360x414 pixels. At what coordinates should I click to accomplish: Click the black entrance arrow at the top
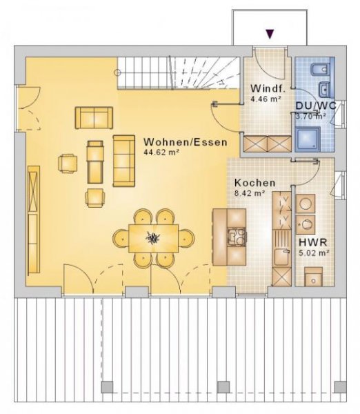pos(270,32)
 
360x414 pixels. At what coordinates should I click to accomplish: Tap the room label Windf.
pos(266,89)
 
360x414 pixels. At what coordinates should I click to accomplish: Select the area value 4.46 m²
pos(264,99)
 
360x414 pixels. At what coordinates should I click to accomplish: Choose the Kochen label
pos(254,183)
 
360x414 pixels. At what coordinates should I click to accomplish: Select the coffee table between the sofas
pos(95,159)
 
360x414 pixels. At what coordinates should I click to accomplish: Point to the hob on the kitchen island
pos(237,238)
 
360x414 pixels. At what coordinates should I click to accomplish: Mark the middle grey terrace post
pos(223,386)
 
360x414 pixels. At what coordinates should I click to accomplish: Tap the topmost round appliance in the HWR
pos(306,203)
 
